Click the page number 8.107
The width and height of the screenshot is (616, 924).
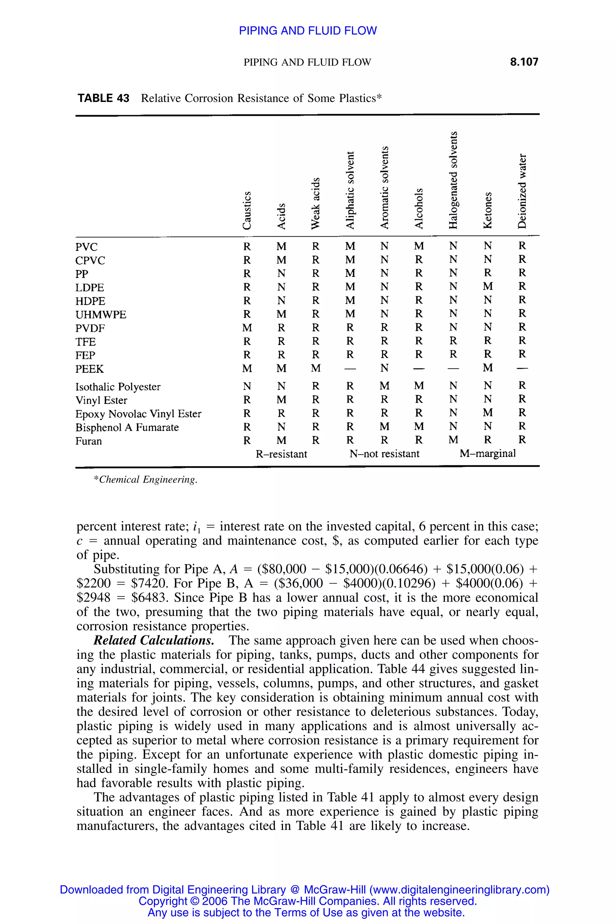click(x=524, y=62)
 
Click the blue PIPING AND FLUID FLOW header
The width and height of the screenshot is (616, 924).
click(x=308, y=31)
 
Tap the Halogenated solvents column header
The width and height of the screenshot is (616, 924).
click(x=453, y=180)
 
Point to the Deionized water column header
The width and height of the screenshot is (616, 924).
click(x=522, y=191)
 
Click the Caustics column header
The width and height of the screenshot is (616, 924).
click(x=246, y=210)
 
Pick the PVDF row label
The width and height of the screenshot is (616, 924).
click(x=90, y=328)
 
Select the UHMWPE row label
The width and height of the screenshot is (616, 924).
click(x=100, y=315)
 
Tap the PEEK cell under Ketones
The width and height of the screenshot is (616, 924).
click(x=488, y=368)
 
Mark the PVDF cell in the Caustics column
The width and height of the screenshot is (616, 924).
click(x=247, y=328)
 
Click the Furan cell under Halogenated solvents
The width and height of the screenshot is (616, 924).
click(x=453, y=440)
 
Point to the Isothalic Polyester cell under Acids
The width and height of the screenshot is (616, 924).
click(x=281, y=387)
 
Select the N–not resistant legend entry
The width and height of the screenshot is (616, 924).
click(x=384, y=454)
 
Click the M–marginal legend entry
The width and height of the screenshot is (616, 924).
click(x=487, y=454)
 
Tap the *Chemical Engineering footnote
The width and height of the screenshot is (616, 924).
click(x=145, y=480)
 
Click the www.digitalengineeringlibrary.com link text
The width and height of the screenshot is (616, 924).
click(x=460, y=889)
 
